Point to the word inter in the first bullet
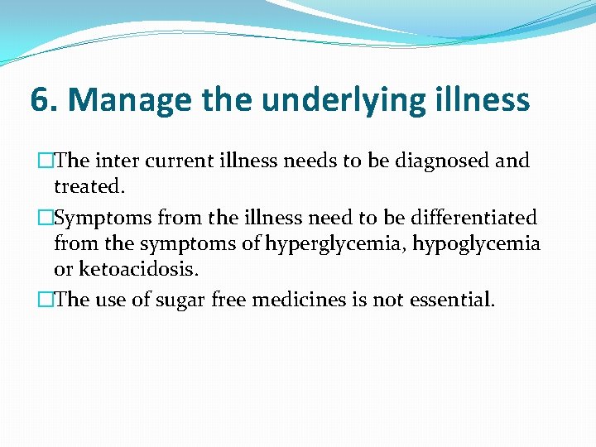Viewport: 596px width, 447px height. pos(113,161)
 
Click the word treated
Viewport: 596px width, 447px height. pos(89,186)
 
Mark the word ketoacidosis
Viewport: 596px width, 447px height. pos(138,270)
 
